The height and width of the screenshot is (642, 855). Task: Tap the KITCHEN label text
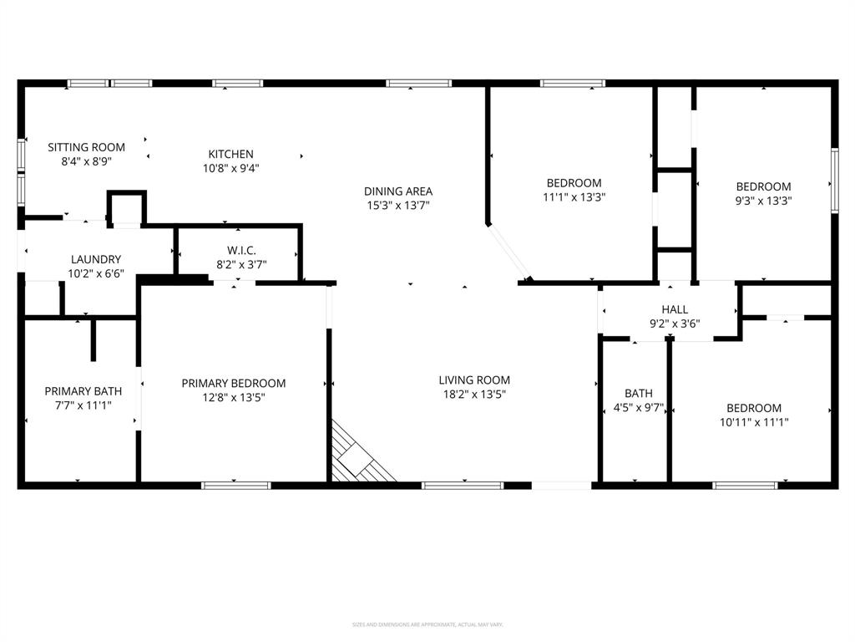point(230,154)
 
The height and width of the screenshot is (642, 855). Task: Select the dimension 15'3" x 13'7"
point(398,205)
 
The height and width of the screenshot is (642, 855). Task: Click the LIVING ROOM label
point(474,380)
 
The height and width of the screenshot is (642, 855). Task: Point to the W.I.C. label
point(239,250)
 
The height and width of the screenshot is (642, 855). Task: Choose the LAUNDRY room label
point(96,259)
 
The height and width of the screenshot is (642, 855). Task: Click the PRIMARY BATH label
point(83,390)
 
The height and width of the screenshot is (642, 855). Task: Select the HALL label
point(675,309)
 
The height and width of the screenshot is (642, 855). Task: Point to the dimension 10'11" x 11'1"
point(753,422)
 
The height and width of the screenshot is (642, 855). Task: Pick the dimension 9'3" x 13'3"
point(763,201)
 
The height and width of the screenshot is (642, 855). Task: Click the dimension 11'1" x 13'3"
point(574,197)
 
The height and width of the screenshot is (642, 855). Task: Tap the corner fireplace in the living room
point(359,456)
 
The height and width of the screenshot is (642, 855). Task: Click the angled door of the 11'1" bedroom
point(508,252)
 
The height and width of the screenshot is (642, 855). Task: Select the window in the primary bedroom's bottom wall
point(236,485)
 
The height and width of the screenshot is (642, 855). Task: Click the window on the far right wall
point(833,179)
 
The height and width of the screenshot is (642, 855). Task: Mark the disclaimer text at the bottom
point(427,624)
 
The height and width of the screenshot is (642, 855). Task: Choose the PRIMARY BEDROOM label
point(234,383)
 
